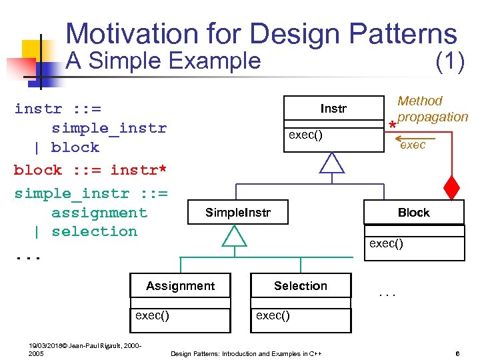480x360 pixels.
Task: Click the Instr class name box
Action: point(333,109)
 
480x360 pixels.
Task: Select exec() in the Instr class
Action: point(305,135)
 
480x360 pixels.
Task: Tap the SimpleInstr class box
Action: point(238,213)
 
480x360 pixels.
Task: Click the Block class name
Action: point(413,213)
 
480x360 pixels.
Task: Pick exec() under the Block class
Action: point(386,243)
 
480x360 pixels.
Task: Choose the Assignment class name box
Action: point(180,286)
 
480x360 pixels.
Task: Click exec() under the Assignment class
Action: point(152,315)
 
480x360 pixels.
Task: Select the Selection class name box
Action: point(300,286)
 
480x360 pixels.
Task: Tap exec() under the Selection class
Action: point(273,315)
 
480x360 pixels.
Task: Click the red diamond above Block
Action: point(452,187)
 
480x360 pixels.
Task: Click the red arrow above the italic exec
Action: point(404,139)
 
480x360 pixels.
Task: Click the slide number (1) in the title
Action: point(449,61)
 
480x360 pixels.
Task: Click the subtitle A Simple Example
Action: point(164,61)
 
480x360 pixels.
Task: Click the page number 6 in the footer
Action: point(457,353)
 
